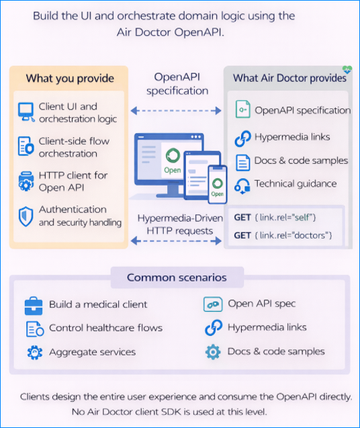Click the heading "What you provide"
pos(70,79)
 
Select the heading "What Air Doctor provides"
pos(289,78)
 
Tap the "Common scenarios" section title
pos(177,277)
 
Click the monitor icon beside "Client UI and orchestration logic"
pos(26,112)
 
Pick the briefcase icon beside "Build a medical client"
pos(34,304)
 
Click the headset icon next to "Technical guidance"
pos(242,184)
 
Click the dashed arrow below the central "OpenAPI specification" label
pos(177,110)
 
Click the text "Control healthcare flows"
pos(105,328)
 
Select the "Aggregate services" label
pos(92,351)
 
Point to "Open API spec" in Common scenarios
pos(261,304)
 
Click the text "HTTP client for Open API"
pos(73,181)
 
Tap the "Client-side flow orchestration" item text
pos(74,147)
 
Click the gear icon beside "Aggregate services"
pos(34,352)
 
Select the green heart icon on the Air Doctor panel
pos(347,69)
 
